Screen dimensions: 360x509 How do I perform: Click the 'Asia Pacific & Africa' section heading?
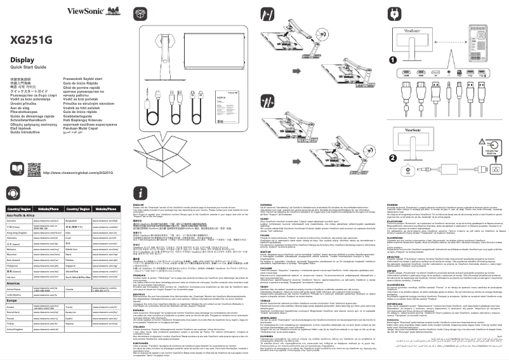coord(23,198)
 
